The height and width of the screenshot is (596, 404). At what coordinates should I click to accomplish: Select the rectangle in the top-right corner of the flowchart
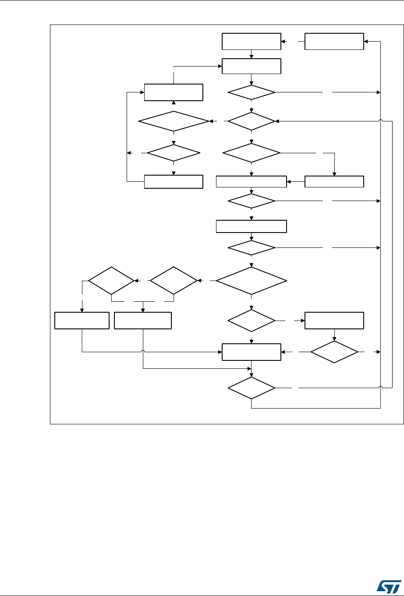334,42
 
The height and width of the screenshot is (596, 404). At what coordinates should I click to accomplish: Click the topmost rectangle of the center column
251,42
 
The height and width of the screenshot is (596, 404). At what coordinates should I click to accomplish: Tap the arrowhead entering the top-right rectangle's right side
366,42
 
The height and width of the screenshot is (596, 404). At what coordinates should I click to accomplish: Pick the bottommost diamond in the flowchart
252,388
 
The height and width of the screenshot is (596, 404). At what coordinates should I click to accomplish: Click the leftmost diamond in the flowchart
111,280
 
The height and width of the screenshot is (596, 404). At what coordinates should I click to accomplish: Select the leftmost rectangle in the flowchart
82,321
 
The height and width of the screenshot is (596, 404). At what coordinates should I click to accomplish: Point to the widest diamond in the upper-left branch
174,120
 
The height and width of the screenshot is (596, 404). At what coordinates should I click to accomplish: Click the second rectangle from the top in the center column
251,66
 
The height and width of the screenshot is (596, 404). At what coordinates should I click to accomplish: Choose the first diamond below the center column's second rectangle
252,92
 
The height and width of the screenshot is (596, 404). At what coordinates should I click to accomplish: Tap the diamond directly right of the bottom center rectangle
334,352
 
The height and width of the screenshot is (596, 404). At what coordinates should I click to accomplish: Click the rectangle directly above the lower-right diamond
334,321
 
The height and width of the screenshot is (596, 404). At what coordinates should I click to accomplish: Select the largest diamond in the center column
251,280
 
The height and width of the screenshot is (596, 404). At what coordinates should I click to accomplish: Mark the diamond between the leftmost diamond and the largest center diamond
174,280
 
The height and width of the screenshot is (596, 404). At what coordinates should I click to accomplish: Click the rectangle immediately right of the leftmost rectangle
143,321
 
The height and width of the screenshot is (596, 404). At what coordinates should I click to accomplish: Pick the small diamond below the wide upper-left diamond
174,153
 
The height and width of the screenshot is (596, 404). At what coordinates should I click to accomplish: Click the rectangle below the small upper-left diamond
174,182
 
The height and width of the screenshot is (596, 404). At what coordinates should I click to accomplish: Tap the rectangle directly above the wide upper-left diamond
174,92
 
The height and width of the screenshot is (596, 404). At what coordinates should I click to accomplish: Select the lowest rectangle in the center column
251,352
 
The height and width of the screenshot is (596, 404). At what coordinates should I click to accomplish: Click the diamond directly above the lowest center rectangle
252,321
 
